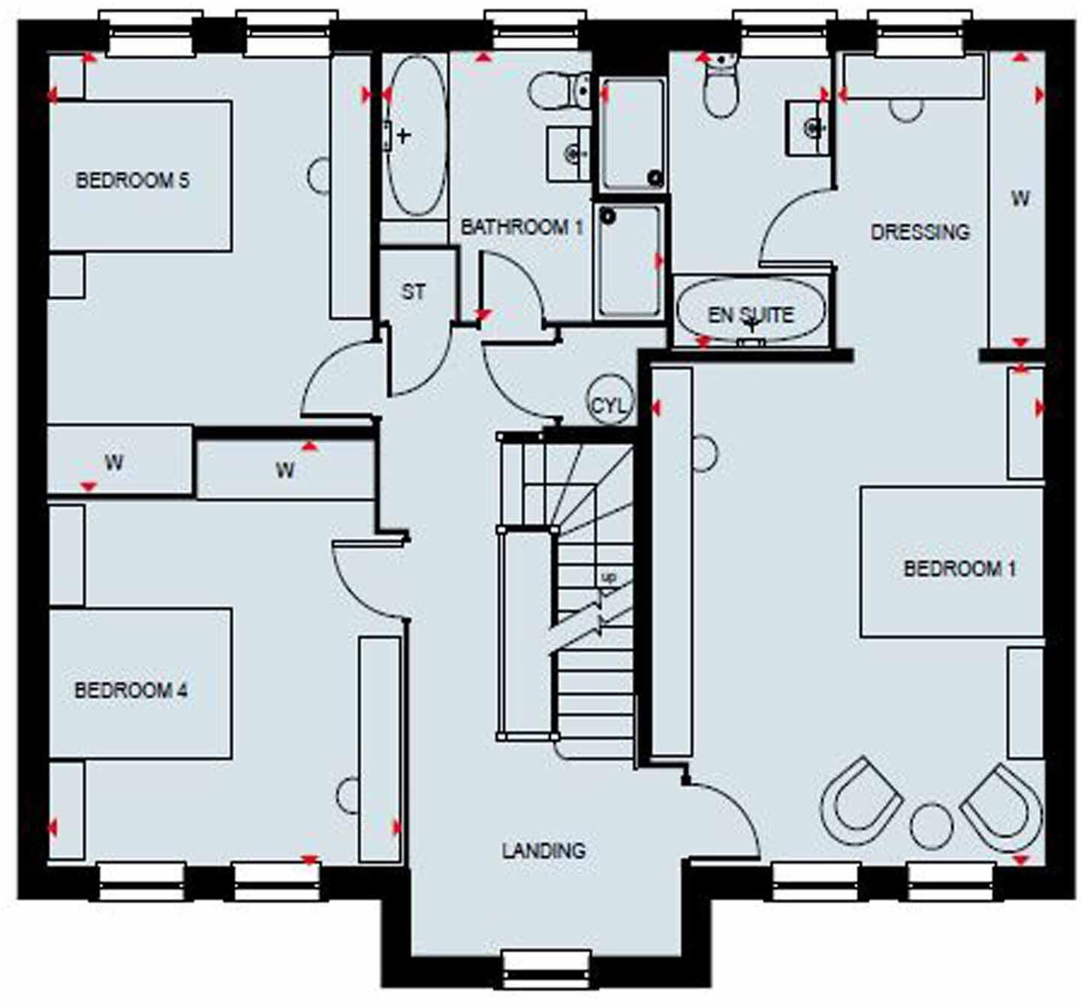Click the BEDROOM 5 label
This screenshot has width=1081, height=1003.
click(x=132, y=180)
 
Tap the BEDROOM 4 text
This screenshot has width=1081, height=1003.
click(x=131, y=690)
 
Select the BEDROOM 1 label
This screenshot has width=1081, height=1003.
click(x=959, y=568)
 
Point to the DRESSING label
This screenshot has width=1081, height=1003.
click(x=920, y=232)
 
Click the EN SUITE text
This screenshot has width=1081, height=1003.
click(x=750, y=315)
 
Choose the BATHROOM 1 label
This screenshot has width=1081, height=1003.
click(x=521, y=227)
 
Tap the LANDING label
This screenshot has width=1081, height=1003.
click(x=544, y=851)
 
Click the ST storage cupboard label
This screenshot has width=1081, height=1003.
click(x=413, y=291)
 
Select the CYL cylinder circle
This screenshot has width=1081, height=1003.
click(x=610, y=406)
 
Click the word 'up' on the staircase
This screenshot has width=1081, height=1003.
click(x=608, y=577)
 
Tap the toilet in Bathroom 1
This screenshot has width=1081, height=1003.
click(x=562, y=91)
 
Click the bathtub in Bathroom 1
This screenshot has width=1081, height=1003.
click(x=417, y=135)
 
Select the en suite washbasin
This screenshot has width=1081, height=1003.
click(x=808, y=128)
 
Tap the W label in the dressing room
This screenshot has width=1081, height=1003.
click(x=1019, y=199)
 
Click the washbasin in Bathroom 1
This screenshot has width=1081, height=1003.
click(x=570, y=154)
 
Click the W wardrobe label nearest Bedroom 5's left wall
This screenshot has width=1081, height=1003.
click(x=114, y=462)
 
